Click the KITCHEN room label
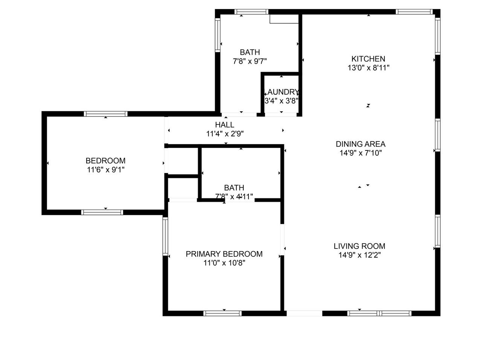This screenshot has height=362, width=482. [x=368, y=59]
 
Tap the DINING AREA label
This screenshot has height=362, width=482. [x=361, y=144]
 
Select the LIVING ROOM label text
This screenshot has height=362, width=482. [x=360, y=246]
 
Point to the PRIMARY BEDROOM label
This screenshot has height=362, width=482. [x=224, y=254]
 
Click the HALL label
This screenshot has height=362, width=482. [x=225, y=125]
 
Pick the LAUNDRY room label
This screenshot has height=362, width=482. [x=282, y=92]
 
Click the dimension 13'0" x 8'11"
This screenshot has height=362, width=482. [x=369, y=68]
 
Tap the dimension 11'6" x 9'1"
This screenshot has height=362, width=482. [x=106, y=170]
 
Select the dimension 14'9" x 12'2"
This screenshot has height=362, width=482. [x=360, y=255]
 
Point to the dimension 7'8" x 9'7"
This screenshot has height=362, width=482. [x=250, y=61]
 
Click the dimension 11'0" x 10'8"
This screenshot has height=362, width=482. [x=224, y=263]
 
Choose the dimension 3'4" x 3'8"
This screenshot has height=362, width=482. [x=281, y=101]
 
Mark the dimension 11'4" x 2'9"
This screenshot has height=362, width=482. [x=225, y=133]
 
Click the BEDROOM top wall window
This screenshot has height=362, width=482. [x=105, y=114]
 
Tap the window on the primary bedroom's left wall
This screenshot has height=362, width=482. [x=165, y=236]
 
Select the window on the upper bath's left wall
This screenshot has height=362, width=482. [x=217, y=35]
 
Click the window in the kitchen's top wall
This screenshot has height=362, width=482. [x=414, y=12]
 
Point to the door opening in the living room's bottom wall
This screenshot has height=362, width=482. [x=304, y=313]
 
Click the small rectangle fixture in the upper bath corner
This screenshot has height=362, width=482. [x=284, y=19]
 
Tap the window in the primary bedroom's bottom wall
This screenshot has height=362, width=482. [x=223, y=313]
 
